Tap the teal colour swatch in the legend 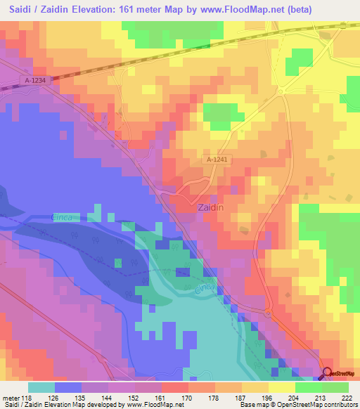tap(41, 387)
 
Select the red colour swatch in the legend tap(174, 387)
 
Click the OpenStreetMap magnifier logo tap(327, 373)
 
